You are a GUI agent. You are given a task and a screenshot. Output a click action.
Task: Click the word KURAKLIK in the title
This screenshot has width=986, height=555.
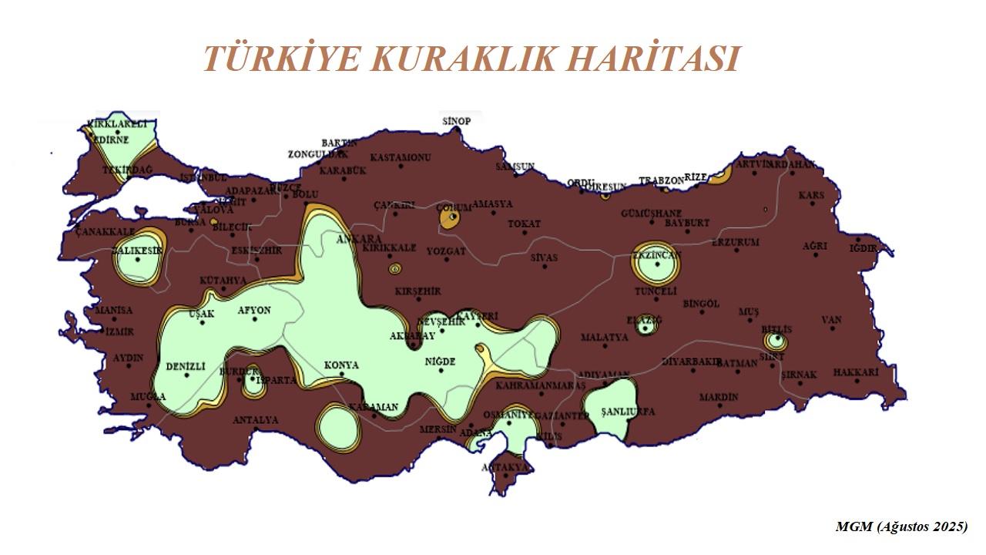pyautogui.click(x=461, y=59)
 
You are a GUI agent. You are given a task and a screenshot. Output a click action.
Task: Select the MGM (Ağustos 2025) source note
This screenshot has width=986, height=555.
pyautogui.click(x=901, y=527)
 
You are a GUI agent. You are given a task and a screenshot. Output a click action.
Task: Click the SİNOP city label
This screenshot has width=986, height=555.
pyautogui.click(x=456, y=122)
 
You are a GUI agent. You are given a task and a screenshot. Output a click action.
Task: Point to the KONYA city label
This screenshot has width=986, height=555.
pyautogui.click(x=341, y=365)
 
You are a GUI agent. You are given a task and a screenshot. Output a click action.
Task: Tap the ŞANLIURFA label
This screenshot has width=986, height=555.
pyautogui.click(x=628, y=412)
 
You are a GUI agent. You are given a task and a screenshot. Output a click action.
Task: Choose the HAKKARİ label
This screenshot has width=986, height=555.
pyautogui.click(x=856, y=372)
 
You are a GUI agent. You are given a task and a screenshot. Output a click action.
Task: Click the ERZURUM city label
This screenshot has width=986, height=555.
pyautogui.click(x=735, y=242)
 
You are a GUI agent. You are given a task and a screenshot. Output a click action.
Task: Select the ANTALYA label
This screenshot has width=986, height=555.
pyautogui.click(x=256, y=420)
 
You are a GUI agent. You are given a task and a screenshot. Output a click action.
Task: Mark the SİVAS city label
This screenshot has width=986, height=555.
pyautogui.click(x=544, y=257)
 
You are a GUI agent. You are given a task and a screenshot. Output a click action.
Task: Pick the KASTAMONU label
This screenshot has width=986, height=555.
pyautogui.click(x=400, y=157)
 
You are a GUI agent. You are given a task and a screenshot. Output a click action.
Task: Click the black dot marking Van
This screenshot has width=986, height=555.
pyautogui.click(x=833, y=329)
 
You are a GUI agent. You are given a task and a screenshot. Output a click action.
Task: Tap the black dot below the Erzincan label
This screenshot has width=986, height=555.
pyautogui.click(x=657, y=264)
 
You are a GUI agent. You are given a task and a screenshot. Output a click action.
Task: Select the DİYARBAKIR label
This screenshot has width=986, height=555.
pyautogui.click(x=691, y=361)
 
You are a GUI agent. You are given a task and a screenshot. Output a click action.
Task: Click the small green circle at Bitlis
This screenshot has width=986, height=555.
pyautogui.click(x=778, y=339)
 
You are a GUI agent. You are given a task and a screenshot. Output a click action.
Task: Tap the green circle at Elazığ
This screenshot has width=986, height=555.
pyautogui.click(x=646, y=327)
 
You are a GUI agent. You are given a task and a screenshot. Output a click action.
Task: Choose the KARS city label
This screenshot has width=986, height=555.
pyautogui.click(x=811, y=195)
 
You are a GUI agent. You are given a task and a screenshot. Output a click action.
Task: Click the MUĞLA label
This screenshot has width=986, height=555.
pyautogui.click(x=147, y=396)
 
